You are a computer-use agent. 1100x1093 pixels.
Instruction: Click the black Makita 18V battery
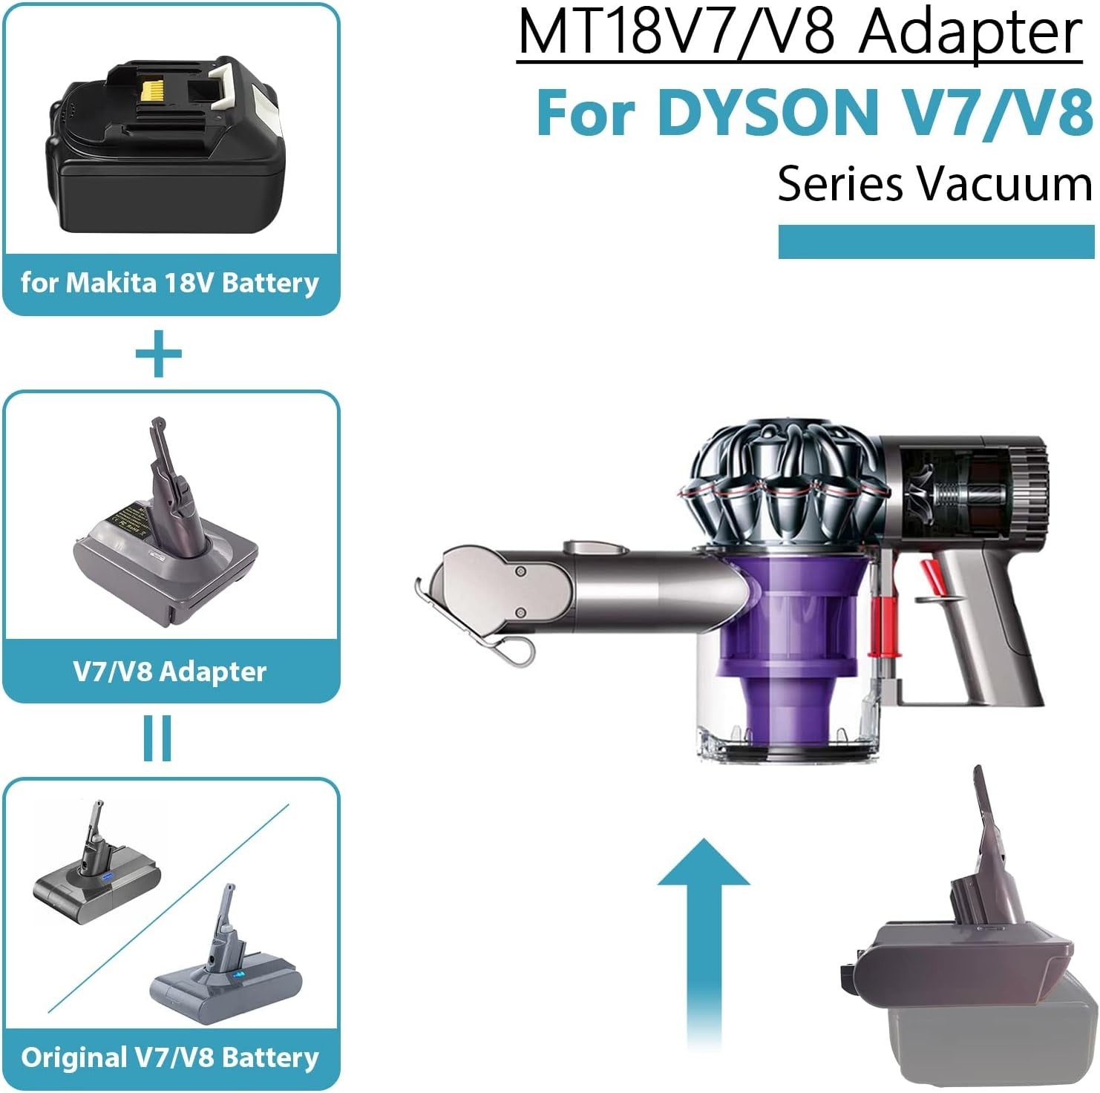click(165, 148)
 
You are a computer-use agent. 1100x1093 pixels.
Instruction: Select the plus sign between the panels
click(158, 354)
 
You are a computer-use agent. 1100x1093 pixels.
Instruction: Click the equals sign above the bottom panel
click(157, 738)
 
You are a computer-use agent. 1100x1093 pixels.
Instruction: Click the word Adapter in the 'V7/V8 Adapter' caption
click(212, 672)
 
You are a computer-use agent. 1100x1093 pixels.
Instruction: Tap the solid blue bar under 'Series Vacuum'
click(936, 242)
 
